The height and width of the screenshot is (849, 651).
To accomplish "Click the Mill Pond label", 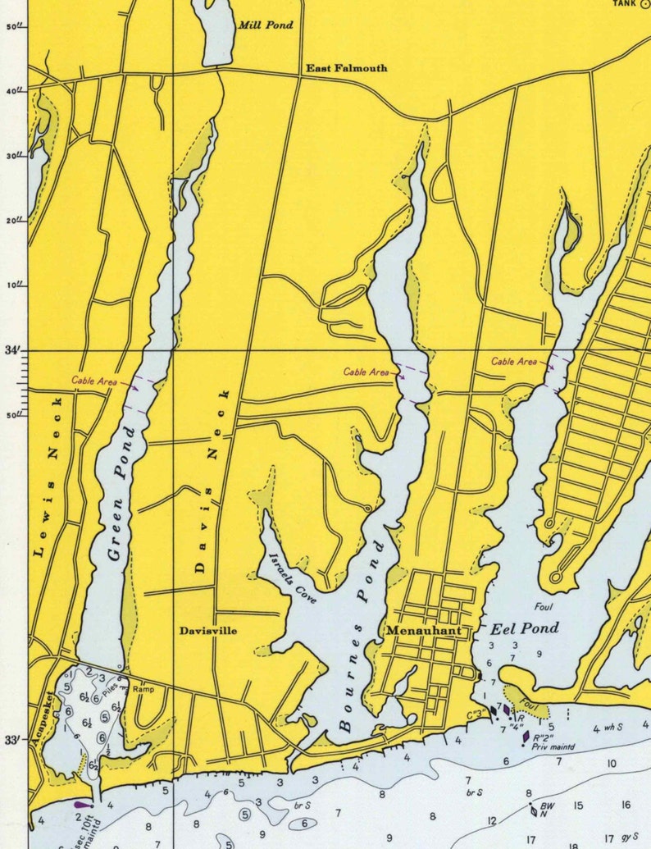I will (265, 25).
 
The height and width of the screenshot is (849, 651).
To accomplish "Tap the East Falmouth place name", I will (347, 68).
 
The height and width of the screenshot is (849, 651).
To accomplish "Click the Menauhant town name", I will (420, 631).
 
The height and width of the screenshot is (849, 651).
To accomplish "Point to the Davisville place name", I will (208, 631).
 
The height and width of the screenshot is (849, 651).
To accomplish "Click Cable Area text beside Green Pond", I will (93, 380).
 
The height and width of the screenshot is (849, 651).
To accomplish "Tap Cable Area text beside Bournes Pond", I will (366, 372).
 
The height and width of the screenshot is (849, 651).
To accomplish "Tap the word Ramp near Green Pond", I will (143, 689).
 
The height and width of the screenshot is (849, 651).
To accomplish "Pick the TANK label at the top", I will (623, 3).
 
